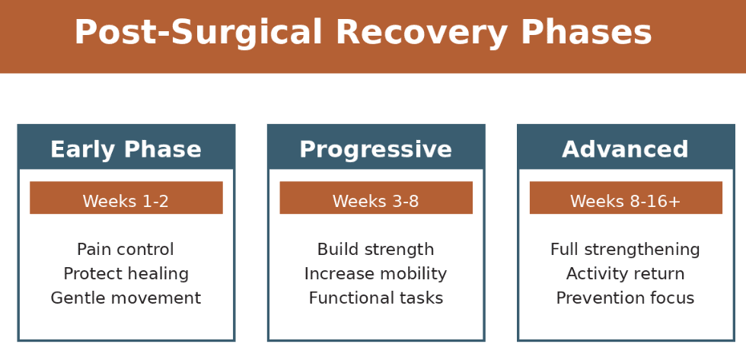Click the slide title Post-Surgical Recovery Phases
coord(363,33)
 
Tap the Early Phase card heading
coord(126,149)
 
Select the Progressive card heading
coord(375,149)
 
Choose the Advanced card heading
coord(625,149)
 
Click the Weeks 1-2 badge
coord(126,201)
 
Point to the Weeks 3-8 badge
coord(375,201)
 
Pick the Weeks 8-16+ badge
coord(625,201)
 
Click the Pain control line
coord(126,250)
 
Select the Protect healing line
coord(126,274)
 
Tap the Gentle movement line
coord(126,298)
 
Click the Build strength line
coord(375,250)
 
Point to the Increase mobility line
coord(375,274)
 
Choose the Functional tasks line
coord(375,298)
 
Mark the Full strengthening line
coord(625,250)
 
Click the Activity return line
coord(625,274)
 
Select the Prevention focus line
coord(625,298)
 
